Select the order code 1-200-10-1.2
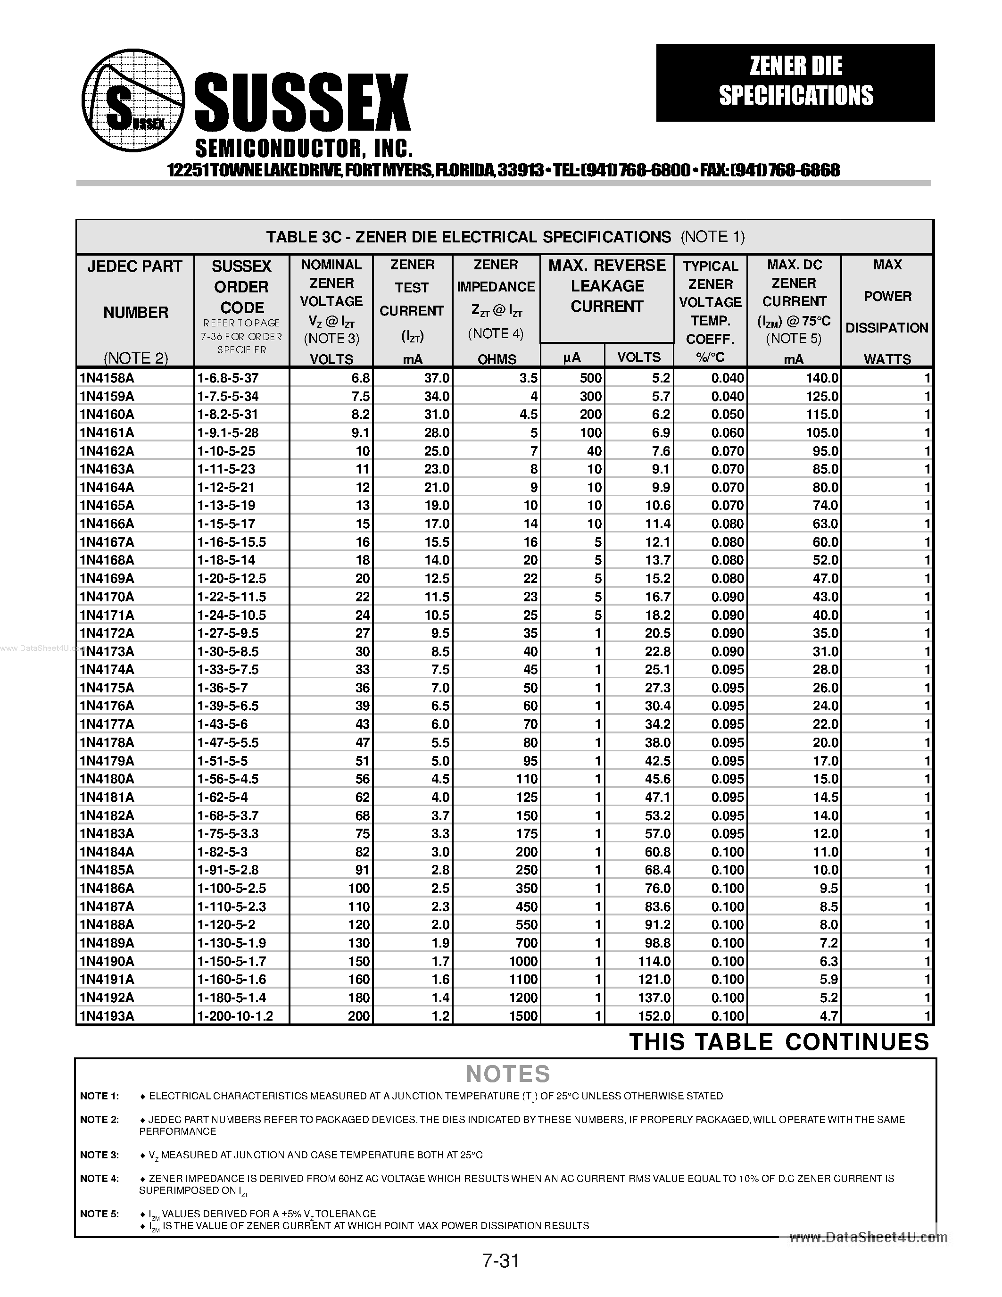[x=235, y=1016]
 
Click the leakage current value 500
[x=591, y=378]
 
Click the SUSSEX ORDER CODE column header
[x=241, y=287]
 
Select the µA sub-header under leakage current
[x=571, y=357]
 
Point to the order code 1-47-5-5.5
[x=228, y=742]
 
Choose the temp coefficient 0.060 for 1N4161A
[x=727, y=432]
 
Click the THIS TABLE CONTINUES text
[x=779, y=1042]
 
